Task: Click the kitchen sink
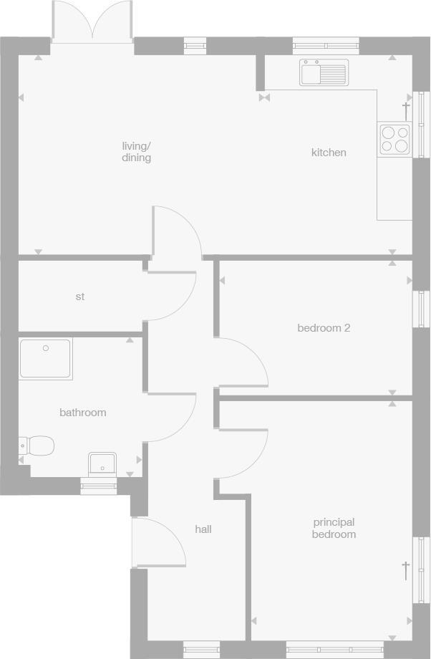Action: [x=324, y=72]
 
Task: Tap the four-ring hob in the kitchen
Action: [x=394, y=139]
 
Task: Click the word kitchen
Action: [x=329, y=153]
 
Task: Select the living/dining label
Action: [x=136, y=152]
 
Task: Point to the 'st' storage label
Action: [x=80, y=297]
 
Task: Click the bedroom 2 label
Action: [x=324, y=328]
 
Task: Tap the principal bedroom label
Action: [x=334, y=529]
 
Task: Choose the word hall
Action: [x=203, y=529]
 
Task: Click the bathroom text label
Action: [x=82, y=413]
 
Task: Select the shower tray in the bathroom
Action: [x=46, y=359]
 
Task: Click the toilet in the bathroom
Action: [x=39, y=446]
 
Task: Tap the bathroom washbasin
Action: [x=103, y=463]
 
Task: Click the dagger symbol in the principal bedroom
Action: [x=405, y=570]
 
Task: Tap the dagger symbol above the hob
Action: [x=406, y=110]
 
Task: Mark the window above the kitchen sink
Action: [x=326, y=47]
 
